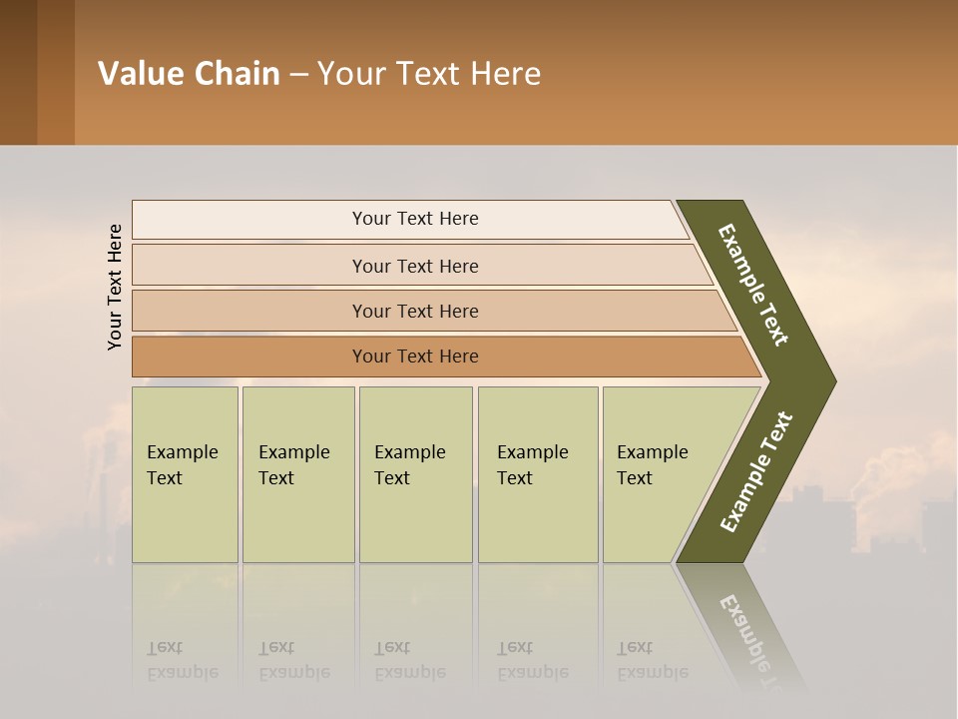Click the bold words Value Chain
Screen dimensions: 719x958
[189, 74]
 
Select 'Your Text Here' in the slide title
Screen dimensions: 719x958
[429, 74]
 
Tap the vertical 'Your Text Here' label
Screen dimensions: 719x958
[115, 287]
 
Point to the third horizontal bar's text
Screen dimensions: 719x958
[415, 312]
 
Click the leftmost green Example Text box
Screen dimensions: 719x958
[185, 474]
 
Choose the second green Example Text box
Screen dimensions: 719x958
[297, 474]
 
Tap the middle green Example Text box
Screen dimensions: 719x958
[415, 474]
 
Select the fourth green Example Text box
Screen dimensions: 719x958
[537, 474]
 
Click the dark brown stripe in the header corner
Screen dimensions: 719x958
[18, 72]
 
